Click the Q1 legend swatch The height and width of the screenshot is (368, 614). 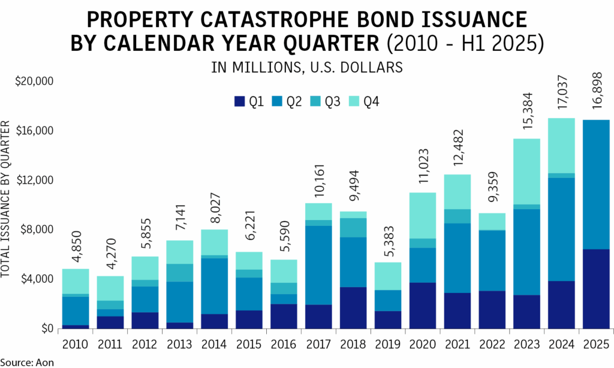[x=240, y=102]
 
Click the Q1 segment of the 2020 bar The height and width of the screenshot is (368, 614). [x=422, y=305]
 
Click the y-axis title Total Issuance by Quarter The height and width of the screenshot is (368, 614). [x=7, y=198]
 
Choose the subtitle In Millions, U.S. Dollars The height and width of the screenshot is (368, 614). [x=307, y=67]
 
